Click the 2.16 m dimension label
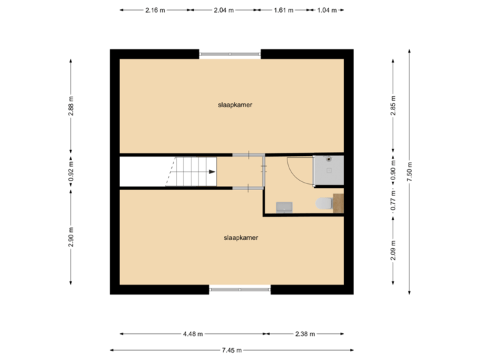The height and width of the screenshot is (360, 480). (155, 10)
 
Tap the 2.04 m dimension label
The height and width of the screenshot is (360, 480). (223, 10)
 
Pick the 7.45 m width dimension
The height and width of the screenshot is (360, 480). (231, 349)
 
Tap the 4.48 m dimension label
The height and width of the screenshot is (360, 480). (193, 334)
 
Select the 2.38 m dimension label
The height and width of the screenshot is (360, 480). (305, 334)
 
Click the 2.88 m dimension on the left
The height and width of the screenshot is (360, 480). (71, 107)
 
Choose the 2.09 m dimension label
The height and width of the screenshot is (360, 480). (393, 251)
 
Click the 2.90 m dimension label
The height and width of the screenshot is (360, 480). (71, 237)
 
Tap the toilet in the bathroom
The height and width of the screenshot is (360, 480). (324, 203)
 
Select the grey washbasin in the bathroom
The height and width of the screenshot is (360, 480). (285, 207)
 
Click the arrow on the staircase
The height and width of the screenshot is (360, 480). (211, 172)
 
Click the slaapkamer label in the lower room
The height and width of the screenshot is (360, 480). (241, 237)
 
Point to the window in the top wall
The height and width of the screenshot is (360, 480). (230, 53)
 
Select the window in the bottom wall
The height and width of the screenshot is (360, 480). (240, 290)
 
